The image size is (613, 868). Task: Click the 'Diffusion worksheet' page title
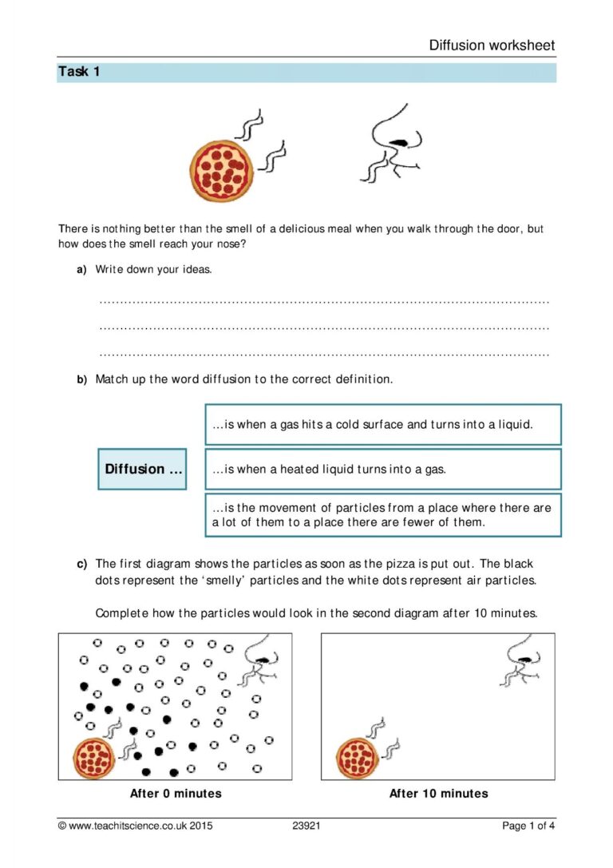492,46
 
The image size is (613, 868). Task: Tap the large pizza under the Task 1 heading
221,169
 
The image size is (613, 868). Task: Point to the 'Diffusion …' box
142,469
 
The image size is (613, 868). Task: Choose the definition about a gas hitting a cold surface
383,425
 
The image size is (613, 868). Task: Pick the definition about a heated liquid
383,470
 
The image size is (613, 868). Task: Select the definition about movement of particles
383,515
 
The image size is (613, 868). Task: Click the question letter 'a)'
81,270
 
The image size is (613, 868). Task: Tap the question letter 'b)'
81,380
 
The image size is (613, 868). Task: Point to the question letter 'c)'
81,564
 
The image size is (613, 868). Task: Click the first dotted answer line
324,302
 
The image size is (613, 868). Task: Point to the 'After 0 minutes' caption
176,794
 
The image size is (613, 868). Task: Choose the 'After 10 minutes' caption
438,794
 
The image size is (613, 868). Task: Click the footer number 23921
306,826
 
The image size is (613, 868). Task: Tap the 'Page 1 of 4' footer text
528,826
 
